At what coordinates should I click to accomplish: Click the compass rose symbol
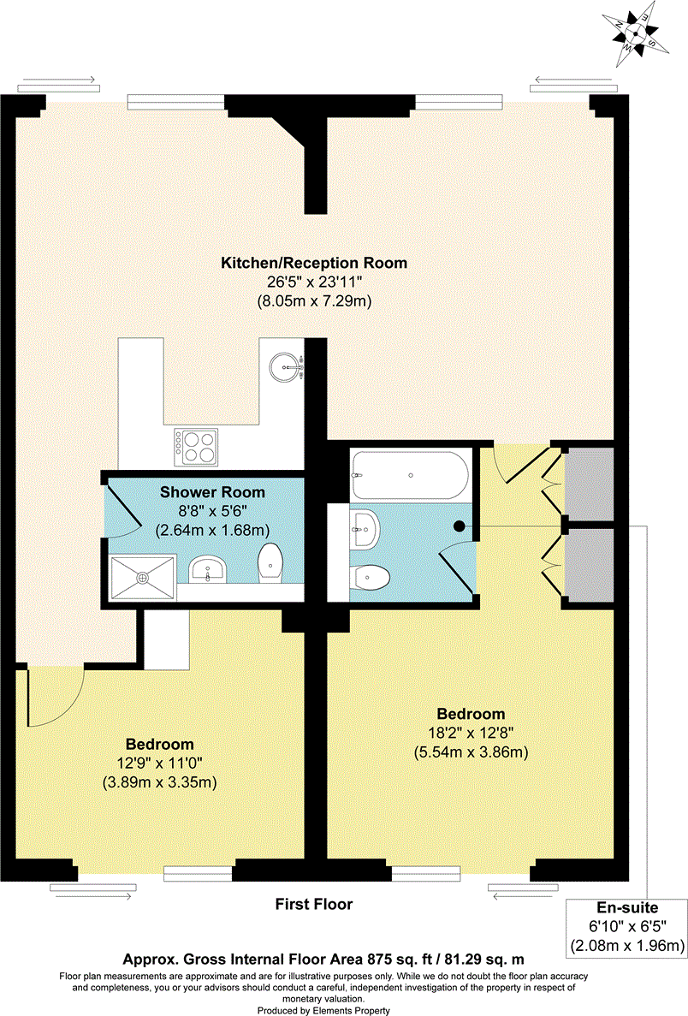636,33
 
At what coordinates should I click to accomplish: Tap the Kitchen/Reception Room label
314,263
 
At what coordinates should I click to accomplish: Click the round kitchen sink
283,369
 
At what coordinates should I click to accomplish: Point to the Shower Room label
212,492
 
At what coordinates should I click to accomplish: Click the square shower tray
142,576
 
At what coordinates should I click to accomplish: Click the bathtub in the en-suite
409,473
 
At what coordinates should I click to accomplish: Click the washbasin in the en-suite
365,529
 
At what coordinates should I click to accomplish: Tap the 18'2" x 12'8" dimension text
471,734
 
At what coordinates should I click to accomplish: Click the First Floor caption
313,904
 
